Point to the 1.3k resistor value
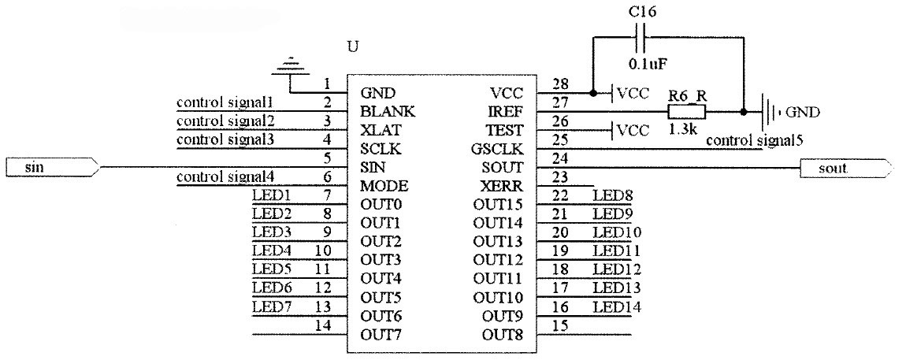682,129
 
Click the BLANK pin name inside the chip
387,111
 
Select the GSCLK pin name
499,150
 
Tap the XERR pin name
502,187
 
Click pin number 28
560,84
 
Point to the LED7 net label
267,306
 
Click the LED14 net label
617,306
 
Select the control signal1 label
225,102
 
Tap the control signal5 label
754,141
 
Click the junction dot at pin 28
591,93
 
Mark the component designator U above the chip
353,46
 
